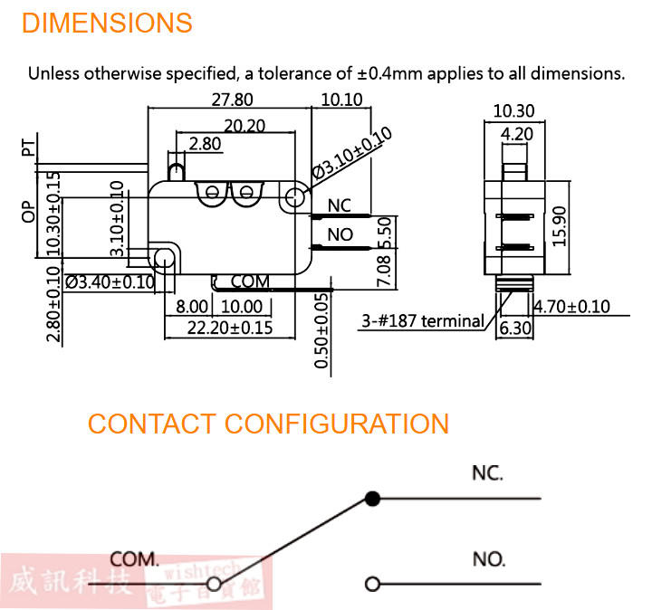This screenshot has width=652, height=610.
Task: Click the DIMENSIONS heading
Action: [x=107, y=23]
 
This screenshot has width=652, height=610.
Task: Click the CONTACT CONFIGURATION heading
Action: [x=268, y=424]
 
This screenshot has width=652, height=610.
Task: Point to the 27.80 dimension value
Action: [x=232, y=100]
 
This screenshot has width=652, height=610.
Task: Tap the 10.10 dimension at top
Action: [x=341, y=100]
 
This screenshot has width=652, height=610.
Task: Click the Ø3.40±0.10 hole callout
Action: [x=110, y=282]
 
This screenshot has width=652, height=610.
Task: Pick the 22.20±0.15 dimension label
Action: [x=230, y=328]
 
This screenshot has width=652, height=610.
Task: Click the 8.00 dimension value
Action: [x=192, y=307]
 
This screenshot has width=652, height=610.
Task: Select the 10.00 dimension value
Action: [x=241, y=307]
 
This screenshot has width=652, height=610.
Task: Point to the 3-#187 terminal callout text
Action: [x=423, y=320]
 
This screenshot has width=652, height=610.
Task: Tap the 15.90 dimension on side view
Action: [x=558, y=225]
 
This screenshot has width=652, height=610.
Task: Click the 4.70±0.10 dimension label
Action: [x=571, y=306]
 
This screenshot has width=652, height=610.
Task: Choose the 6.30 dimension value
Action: [x=514, y=328]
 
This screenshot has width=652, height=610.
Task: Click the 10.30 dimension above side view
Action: [x=513, y=111]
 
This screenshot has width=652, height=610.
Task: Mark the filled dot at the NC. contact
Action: [x=370, y=498]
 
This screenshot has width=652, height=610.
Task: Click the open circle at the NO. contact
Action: [x=370, y=584]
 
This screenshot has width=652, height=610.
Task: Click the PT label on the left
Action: [x=29, y=148]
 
